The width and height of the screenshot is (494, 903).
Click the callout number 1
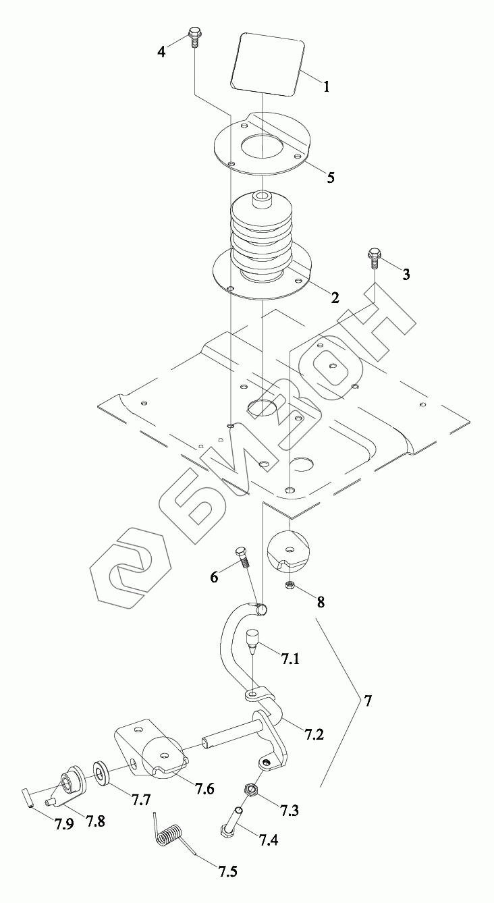[326, 87]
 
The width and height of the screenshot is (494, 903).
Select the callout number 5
[330, 178]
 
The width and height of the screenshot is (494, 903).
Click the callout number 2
[335, 298]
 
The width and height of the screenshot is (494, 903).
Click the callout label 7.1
[290, 659]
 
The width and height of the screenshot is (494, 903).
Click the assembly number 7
[367, 701]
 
